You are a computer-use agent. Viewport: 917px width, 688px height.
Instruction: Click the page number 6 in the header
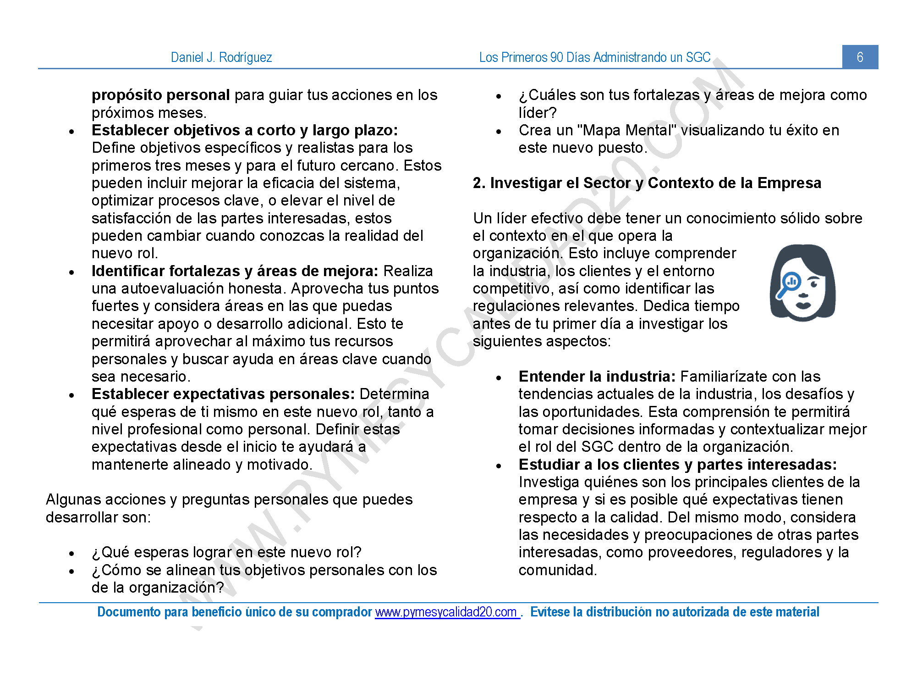pyautogui.click(x=860, y=57)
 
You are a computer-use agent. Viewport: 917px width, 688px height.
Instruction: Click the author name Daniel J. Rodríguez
pyautogui.click(x=221, y=57)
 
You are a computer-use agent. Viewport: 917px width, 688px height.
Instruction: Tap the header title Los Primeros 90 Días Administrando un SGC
pyautogui.click(x=594, y=57)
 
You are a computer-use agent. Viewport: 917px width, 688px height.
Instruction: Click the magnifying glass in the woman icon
pyautogui.click(x=791, y=282)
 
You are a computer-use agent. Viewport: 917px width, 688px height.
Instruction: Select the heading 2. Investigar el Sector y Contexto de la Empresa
pyautogui.click(x=647, y=183)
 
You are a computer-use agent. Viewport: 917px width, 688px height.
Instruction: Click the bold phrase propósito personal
pyautogui.click(x=160, y=95)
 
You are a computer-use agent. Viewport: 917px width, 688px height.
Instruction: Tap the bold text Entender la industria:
pyautogui.click(x=597, y=377)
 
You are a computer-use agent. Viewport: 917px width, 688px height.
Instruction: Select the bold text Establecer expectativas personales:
pyautogui.click(x=223, y=394)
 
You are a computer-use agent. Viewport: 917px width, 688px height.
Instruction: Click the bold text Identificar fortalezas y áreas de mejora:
pyautogui.click(x=235, y=271)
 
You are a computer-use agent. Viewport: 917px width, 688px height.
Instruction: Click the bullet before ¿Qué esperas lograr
pyautogui.click(x=71, y=554)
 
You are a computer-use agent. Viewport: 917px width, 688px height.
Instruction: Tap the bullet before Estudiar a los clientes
pyautogui.click(x=499, y=466)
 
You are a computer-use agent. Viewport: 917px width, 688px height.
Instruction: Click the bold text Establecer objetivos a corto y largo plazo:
pyautogui.click(x=244, y=130)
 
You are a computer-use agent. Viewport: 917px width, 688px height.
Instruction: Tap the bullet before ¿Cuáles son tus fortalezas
pyautogui.click(x=499, y=96)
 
